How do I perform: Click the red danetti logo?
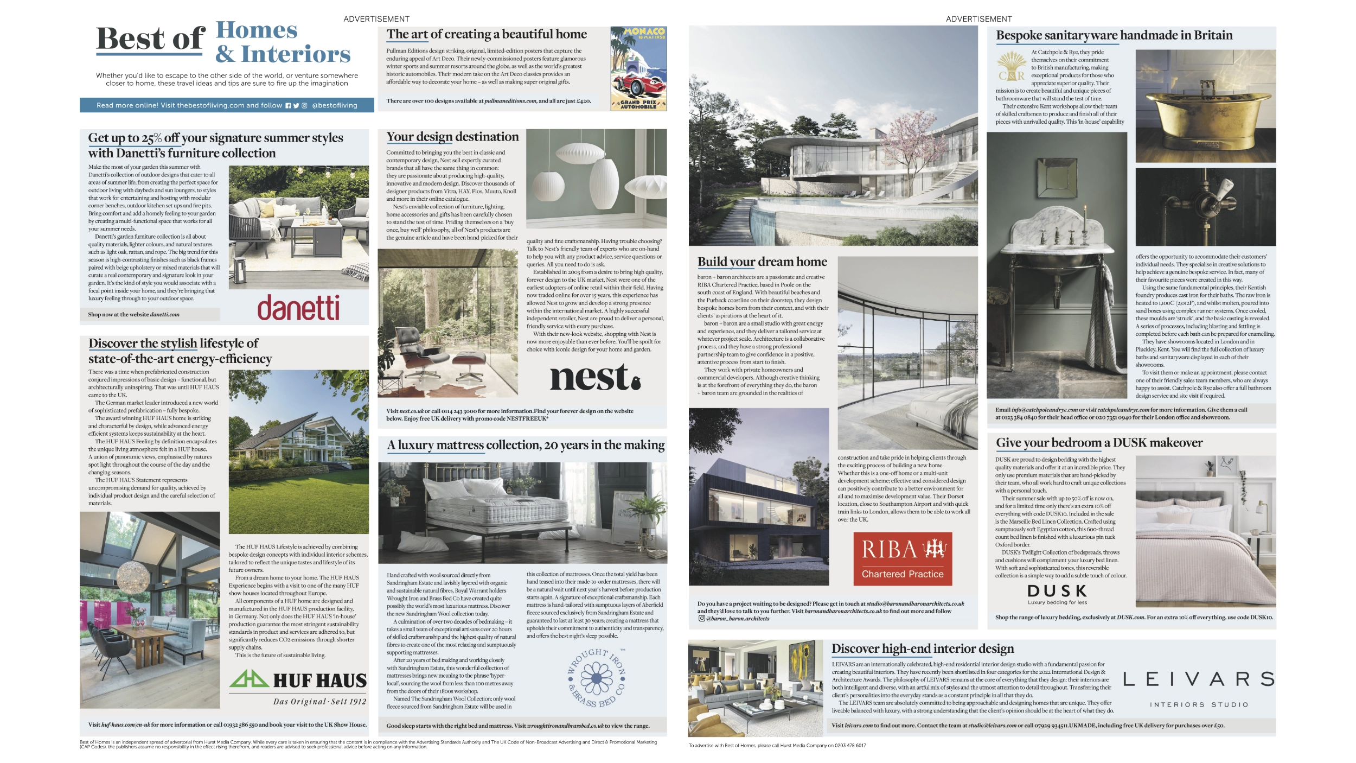pos(298,308)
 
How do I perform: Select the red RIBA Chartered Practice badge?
pos(903,559)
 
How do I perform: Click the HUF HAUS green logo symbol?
pos(249,679)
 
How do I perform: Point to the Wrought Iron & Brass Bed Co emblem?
pos(597,678)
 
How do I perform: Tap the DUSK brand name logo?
pos(1057,590)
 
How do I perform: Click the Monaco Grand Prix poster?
pos(638,68)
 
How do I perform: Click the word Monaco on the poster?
pos(644,32)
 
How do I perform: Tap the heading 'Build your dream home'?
pos(762,262)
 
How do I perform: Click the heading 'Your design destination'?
pos(452,137)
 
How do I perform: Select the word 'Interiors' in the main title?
pos(296,54)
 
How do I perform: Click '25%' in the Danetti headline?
pos(151,138)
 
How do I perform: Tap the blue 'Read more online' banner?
pos(227,105)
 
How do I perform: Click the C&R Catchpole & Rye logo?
pos(1012,67)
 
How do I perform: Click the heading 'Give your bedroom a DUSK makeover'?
pos(1099,443)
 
